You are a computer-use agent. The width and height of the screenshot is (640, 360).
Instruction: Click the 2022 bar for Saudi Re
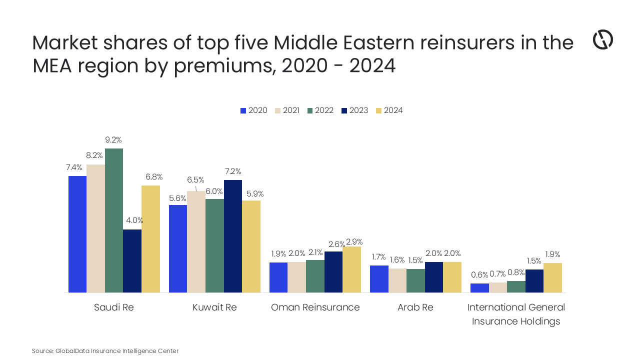coord(114,220)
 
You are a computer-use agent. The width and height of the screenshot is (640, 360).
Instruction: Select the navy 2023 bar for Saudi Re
coord(132,260)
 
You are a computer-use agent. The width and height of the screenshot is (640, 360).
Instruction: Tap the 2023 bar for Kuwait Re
coord(233,236)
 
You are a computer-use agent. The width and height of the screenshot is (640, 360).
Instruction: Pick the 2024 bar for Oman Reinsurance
coord(351,269)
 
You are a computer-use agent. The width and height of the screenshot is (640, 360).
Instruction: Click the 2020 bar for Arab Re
coord(379,278)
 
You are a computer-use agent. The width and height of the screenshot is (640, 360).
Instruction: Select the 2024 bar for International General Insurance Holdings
coord(552,277)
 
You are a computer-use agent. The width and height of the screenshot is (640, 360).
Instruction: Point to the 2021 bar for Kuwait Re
coord(196,241)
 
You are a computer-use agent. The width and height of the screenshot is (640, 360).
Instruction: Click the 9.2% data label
coord(113,140)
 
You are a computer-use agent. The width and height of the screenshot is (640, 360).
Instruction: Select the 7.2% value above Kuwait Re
coord(233,171)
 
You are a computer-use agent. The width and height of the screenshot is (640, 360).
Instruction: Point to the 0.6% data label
coord(479,274)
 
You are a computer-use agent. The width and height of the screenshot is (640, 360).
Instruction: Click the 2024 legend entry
coord(389,110)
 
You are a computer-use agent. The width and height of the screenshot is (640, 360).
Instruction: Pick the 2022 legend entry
coord(320,110)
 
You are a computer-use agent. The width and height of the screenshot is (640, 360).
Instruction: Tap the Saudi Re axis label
coord(114,307)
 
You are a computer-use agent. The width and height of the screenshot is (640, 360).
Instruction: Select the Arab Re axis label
coord(415,307)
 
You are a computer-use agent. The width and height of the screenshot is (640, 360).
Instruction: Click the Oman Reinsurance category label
coord(315,307)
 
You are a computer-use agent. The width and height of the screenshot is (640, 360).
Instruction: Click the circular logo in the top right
coord(602,39)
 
